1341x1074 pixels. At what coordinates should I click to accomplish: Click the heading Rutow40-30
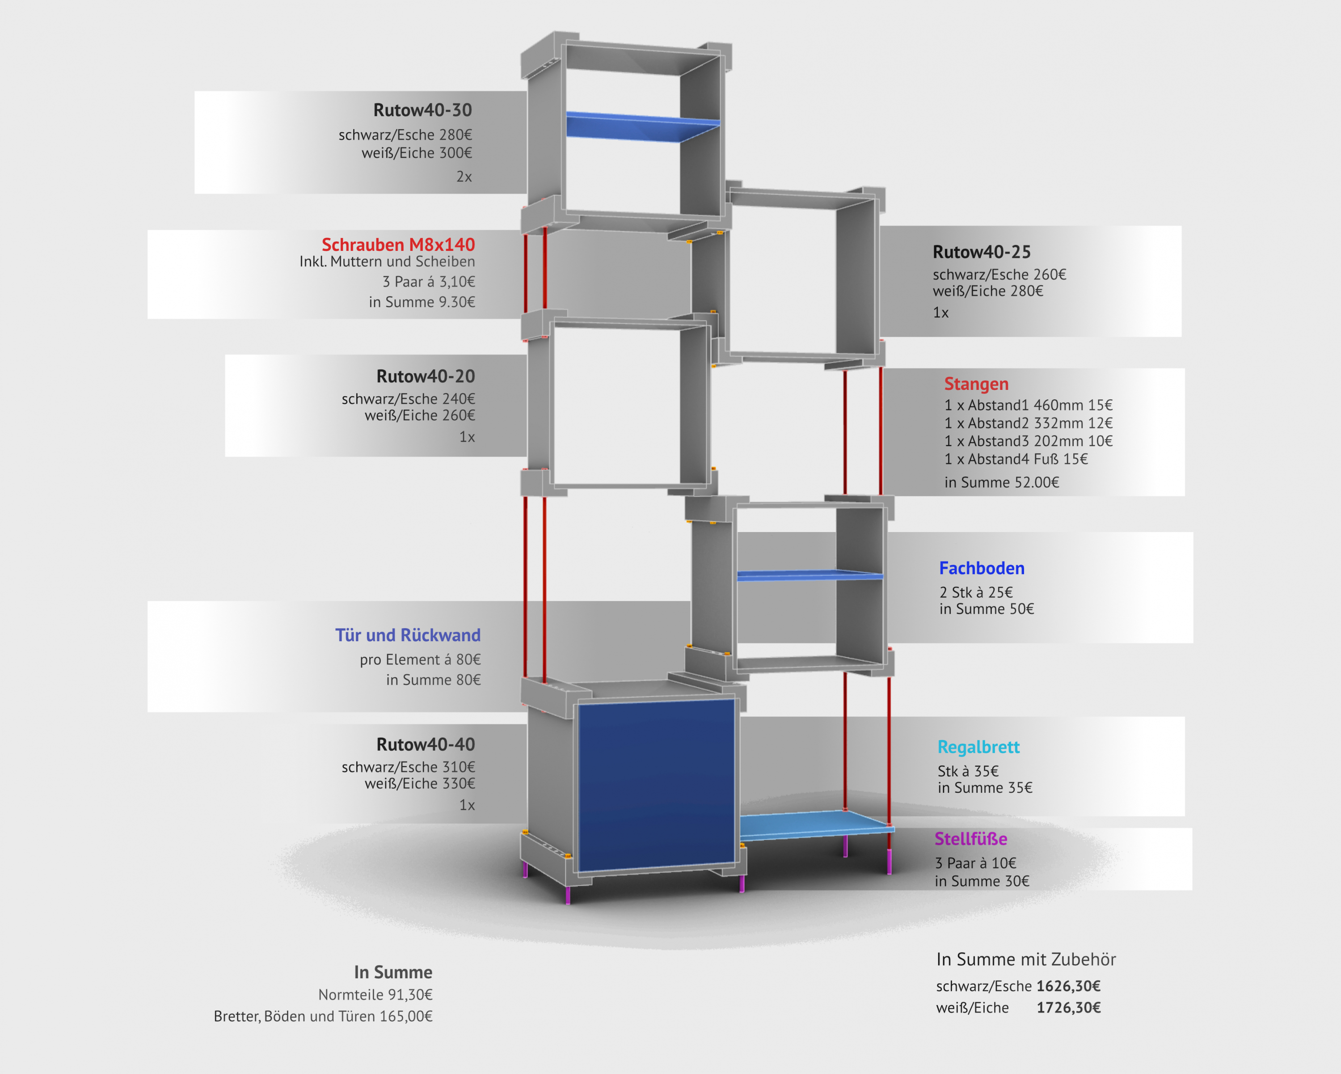pyautogui.click(x=422, y=110)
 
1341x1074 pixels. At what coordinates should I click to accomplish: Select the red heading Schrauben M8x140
pyautogui.click(x=398, y=245)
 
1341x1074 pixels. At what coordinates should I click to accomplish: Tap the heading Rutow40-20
pyautogui.click(x=426, y=376)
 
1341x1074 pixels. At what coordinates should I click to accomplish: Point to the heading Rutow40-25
pyautogui.click(x=982, y=252)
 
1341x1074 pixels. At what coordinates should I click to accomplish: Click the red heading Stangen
pyautogui.click(x=976, y=384)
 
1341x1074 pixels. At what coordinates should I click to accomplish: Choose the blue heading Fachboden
pyautogui.click(x=982, y=568)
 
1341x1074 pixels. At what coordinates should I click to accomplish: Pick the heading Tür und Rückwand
pyautogui.click(x=408, y=635)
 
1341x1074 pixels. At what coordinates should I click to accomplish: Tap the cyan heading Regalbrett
pyautogui.click(x=978, y=747)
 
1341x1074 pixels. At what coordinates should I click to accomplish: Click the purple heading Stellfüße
pyautogui.click(x=970, y=839)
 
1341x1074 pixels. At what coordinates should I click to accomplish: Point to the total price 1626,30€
pyautogui.click(x=1068, y=986)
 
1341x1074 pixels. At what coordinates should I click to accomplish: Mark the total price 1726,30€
pyautogui.click(x=1068, y=1007)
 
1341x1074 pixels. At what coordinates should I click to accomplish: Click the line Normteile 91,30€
pyautogui.click(x=375, y=995)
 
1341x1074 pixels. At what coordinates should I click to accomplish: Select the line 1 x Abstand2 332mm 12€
pyautogui.click(x=1028, y=423)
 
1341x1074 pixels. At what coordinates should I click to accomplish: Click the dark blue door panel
pyautogui.click(x=656, y=784)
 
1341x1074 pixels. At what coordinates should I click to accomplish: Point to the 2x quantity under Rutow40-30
pyautogui.click(x=464, y=177)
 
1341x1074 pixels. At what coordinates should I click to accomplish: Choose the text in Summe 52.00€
pyautogui.click(x=1001, y=482)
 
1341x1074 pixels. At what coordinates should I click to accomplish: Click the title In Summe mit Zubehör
pyautogui.click(x=1026, y=960)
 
